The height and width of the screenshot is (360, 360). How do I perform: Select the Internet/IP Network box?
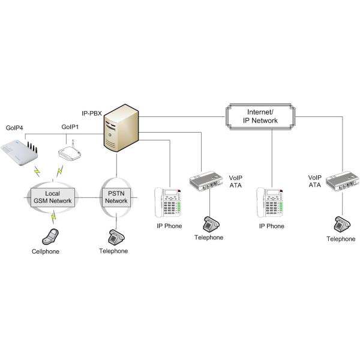pos(262,116)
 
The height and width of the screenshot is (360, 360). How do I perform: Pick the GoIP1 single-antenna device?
pos(70,154)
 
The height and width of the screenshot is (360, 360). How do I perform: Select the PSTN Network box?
pos(116,196)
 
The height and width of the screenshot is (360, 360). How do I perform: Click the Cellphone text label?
pos(46,251)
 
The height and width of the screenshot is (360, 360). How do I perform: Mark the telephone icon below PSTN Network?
pos(116,236)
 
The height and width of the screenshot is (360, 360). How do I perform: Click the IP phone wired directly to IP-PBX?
pos(169,202)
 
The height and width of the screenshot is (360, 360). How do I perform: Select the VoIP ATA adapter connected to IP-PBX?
pos(206,182)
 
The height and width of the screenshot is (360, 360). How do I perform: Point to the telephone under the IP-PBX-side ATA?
pos(209,223)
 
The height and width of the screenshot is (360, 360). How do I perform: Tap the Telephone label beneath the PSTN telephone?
pos(113,251)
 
